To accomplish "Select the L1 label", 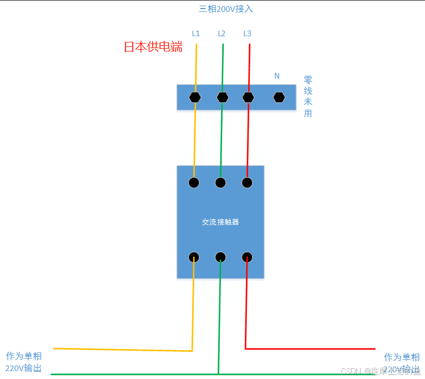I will click(x=196, y=33).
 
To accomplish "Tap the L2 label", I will click(x=222, y=33).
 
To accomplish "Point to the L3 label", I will click(x=247, y=33).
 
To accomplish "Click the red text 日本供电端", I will click(x=153, y=47).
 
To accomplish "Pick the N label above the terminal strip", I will click(x=277, y=76).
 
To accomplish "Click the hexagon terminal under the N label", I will click(x=279, y=97).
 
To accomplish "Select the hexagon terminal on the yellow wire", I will click(x=195, y=97).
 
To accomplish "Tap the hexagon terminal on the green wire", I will click(x=222, y=97).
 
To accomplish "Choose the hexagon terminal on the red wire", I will click(x=248, y=97).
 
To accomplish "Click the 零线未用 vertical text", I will click(x=308, y=96).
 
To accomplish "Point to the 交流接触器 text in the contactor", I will click(x=220, y=222).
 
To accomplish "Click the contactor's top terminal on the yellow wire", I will click(x=194, y=182).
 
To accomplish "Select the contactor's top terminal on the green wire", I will click(x=220, y=182).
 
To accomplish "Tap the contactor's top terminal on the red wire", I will click(x=247, y=182).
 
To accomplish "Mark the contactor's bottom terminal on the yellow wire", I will click(x=194, y=257).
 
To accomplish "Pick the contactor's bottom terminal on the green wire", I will click(x=220, y=257).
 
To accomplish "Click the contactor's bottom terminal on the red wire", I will click(x=247, y=257).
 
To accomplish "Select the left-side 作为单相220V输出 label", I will click(x=24, y=362).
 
